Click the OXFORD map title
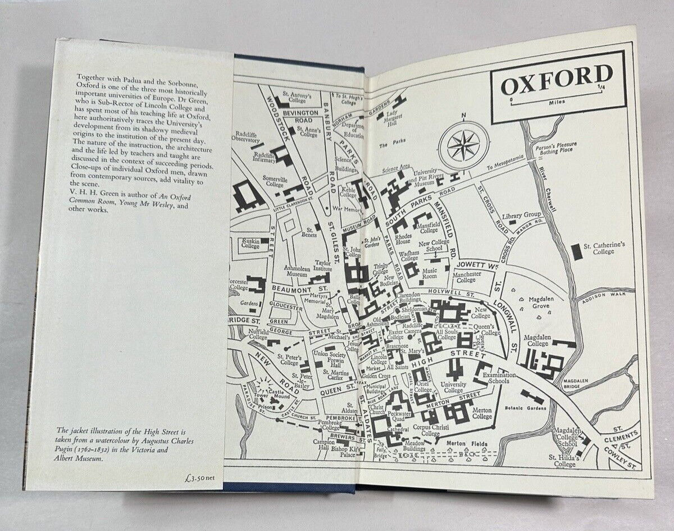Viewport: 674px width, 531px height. pos(556,81)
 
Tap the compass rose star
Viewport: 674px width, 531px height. pos(463,145)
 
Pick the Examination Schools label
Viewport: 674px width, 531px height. pos(495,378)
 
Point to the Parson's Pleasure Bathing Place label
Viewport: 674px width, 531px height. pos(558,148)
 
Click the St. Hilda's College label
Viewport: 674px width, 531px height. pos(564,461)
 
